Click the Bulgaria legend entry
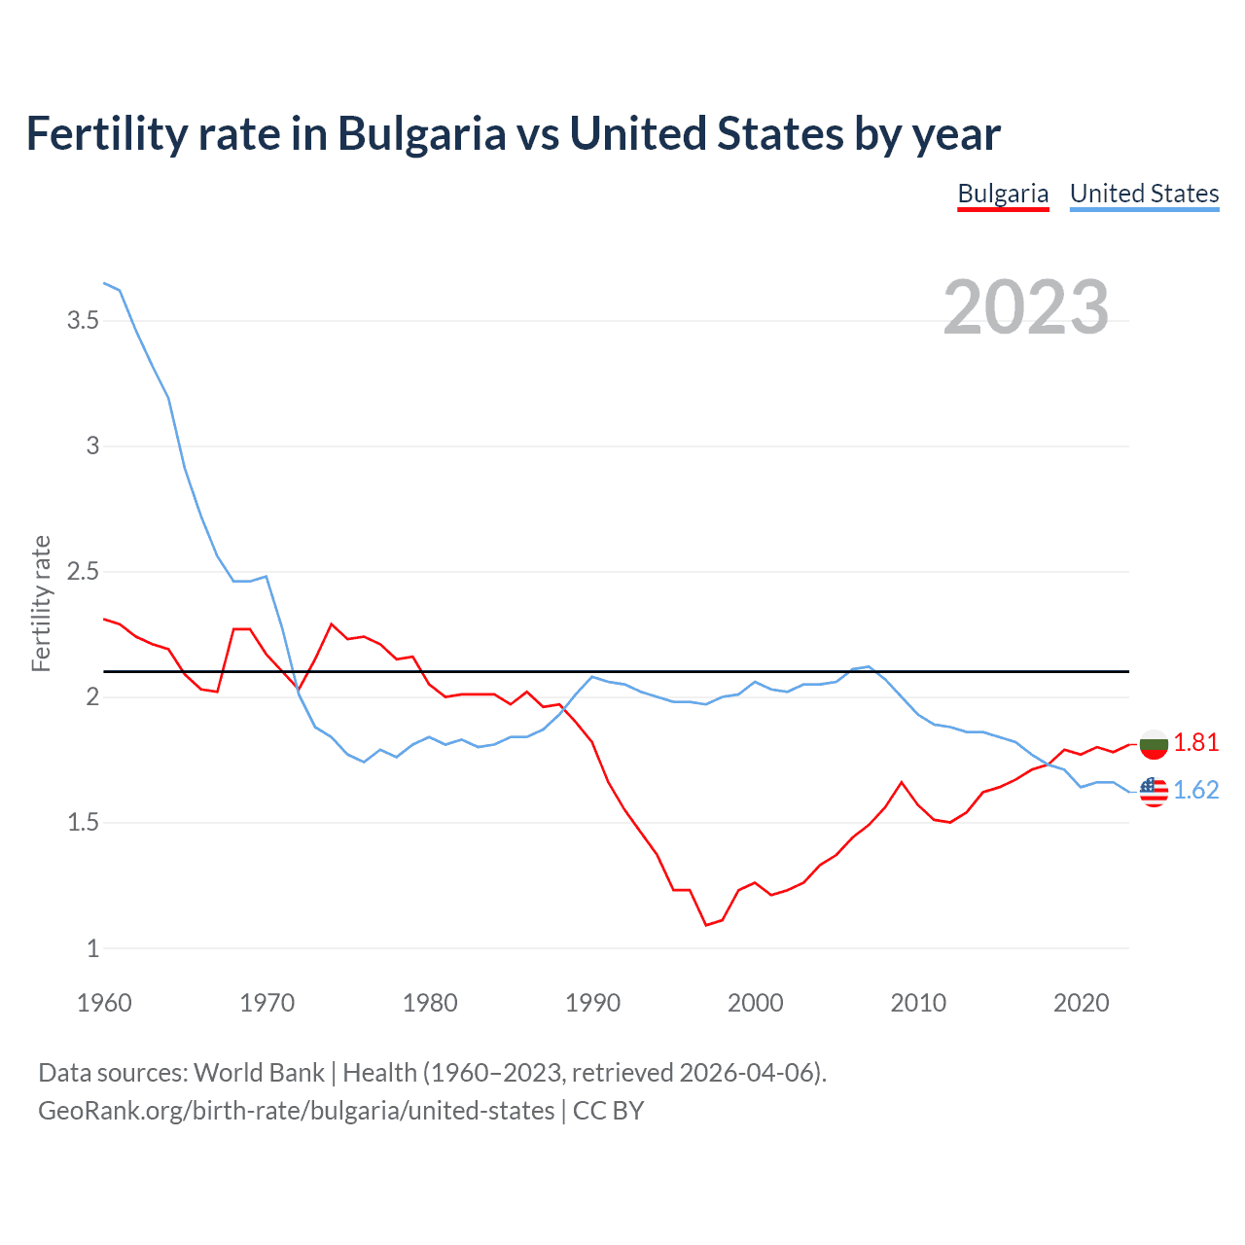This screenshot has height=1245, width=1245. (x=1003, y=194)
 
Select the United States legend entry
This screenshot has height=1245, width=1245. (x=1144, y=194)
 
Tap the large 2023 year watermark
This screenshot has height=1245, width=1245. (x=1026, y=307)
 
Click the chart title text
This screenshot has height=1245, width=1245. (x=513, y=134)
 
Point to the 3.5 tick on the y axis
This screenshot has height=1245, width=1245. (x=84, y=321)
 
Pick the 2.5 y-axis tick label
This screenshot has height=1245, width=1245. (x=84, y=572)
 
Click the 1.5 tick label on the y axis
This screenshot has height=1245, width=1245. (x=84, y=823)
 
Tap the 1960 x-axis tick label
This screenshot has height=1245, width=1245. (x=104, y=1003)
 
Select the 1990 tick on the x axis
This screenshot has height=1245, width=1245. (x=592, y=1003)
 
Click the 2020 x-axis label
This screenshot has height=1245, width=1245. (x=1081, y=1003)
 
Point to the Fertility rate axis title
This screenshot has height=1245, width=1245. (x=41, y=603)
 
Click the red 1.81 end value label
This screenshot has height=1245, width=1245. (x=1195, y=743)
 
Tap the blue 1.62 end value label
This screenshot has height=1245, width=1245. (x=1195, y=791)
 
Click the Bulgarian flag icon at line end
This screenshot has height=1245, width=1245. (x=1154, y=744)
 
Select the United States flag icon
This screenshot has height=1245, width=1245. (x=1154, y=792)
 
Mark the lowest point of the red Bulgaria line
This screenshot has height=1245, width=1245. (x=706, y=925)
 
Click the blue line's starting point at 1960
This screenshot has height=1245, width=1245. (x=104, y=283)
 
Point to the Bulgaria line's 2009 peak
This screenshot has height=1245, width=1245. (x=902, y=782)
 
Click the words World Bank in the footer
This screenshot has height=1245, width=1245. (x=259, y=1073)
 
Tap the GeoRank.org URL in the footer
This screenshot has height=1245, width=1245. (x=296, y=1111)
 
